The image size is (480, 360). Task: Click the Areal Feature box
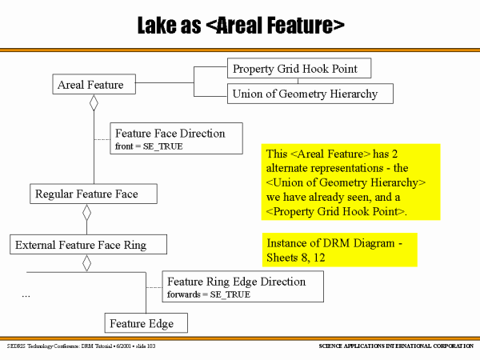pyautogui.click(x=90, y=85)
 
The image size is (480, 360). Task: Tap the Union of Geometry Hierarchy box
pyautogui.click(x=311, y=94)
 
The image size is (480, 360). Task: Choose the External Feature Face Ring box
pyautogui.click(x=88, y=245)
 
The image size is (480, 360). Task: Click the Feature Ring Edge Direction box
pyautogui.click(x=242, y=282)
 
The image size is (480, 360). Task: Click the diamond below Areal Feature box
pyautogui.click(x=94, y=102)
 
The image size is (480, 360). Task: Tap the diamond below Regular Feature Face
pyautogui.click(x=87, y=213)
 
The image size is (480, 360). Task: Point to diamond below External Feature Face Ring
pyautogui.click(x=87, y=263)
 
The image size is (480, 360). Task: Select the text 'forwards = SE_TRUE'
pyautogui.click(x=208, y=295)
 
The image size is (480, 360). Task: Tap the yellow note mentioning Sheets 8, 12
pyautogui.click(x=340, y=250)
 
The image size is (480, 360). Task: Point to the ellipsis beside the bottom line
pyautogui.click(x=26, y=294)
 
